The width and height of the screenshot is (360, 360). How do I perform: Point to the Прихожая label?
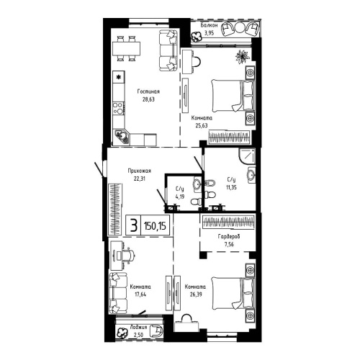tap(140, 171)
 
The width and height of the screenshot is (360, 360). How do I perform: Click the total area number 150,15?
tap(154, 225)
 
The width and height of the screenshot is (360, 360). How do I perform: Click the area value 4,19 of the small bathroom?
tap(180, 196)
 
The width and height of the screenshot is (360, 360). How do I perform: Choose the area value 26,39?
tap(195, 293)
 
